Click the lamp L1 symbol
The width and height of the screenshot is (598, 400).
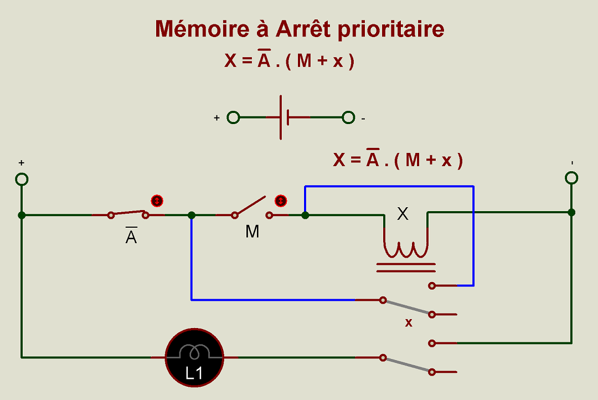click(194, 357)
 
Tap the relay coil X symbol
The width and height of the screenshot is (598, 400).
click(406, 247)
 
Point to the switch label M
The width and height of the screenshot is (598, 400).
click(252, 232)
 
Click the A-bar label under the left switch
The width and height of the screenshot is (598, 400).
click(131, 236)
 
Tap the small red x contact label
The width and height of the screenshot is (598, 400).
click(409, 323)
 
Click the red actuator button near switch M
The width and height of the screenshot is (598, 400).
click(281, 200)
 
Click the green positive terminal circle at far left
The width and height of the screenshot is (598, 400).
click(22, 180)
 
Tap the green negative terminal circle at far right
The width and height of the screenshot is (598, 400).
click(571, 177)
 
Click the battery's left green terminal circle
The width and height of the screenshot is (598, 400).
click(234, 117)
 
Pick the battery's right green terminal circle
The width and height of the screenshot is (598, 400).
click(348, 117)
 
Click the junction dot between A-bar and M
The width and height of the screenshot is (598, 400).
click(192, 215)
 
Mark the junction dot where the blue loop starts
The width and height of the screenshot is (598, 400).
click(305, 215)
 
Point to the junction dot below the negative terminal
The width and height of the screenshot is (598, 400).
click(571, 212)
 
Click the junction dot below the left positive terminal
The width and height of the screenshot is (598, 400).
click(22, 215)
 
